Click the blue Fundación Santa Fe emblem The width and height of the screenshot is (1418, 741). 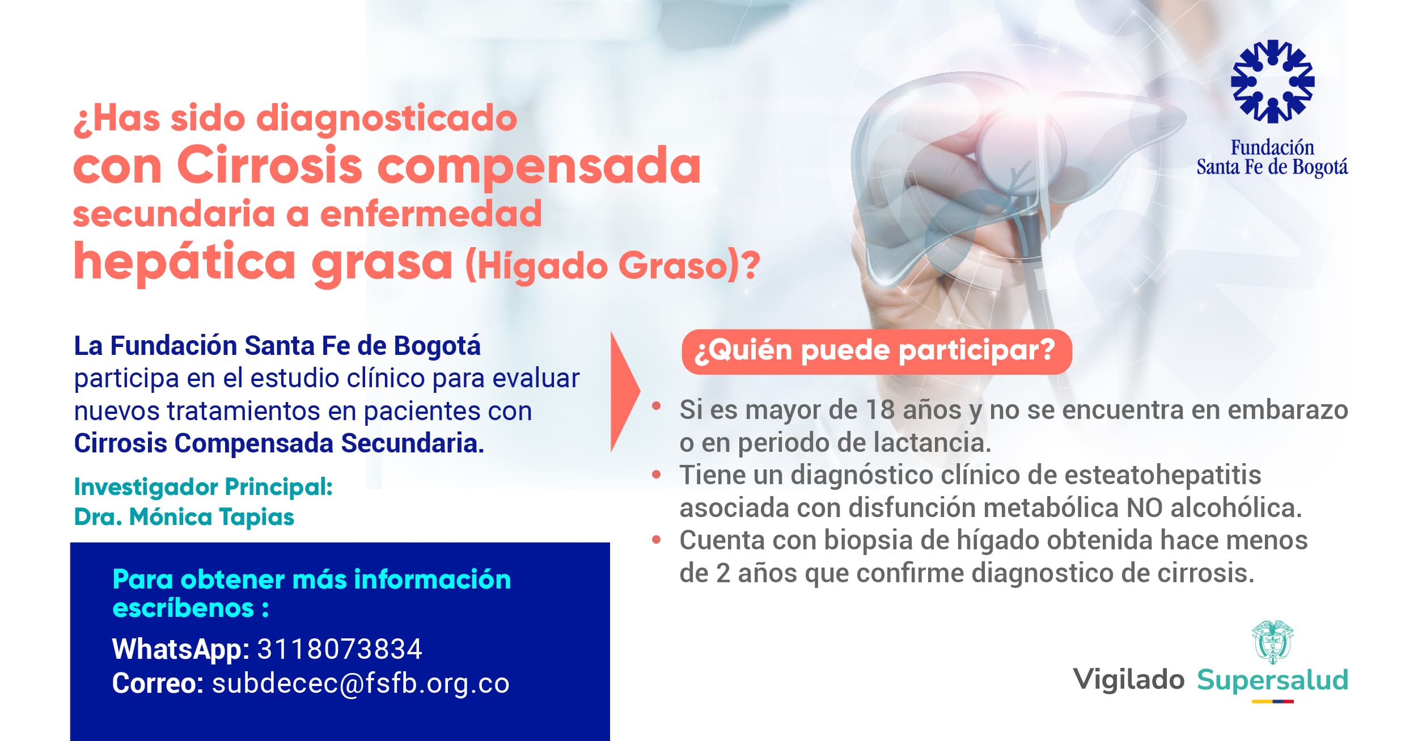[1272, 81]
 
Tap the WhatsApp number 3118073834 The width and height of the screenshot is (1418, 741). [340, 649]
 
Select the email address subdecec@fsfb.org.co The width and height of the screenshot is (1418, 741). [361, 684]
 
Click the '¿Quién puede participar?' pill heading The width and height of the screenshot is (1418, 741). [877, 352]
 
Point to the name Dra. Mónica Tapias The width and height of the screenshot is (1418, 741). [184, 517]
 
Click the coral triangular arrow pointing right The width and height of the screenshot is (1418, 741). [625, 392]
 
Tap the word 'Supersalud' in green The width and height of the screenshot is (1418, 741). [1272, 680]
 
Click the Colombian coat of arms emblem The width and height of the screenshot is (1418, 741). [1272, 642]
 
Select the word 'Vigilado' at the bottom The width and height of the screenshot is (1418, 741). [1129, 680]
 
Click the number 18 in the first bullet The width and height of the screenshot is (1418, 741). [881, 410]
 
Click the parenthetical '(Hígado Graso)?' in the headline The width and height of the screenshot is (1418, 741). [612, 265]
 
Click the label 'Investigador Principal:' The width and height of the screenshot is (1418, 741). [204, 486]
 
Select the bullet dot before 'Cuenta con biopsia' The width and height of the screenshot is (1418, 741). [657, 540]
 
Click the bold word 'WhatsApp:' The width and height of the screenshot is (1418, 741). [181, 650]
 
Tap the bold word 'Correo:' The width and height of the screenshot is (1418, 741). [158, 684]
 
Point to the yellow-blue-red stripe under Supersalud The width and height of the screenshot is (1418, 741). [1272, 701]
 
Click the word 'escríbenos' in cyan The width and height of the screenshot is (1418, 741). [183, 608]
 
